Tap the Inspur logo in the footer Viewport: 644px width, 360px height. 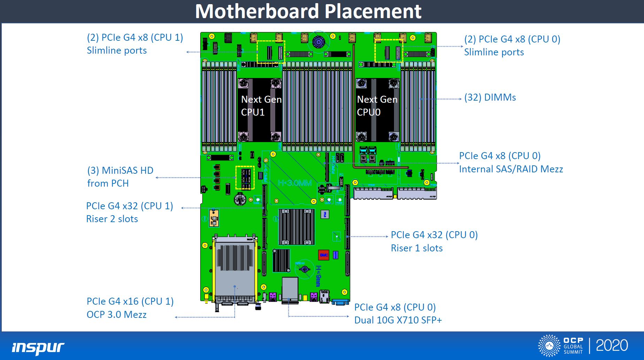tap(38, 347)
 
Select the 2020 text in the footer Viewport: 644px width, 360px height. tap(612, 345)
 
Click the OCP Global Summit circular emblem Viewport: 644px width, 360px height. tap(549, 345)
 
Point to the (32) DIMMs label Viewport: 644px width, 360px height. tap(490, 97)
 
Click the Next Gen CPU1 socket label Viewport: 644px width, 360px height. tap(261, 106)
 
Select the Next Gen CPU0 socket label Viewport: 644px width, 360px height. tap(377, 106)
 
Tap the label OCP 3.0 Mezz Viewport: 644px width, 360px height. tap(116, 315)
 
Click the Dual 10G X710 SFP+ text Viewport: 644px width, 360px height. tap(398, 320)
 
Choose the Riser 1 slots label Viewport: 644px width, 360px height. tap(417, 248)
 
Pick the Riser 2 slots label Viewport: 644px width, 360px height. tap(112, 219)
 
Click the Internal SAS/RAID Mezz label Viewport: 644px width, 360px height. tap(511, 169)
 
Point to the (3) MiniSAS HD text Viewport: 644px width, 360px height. tap(120, 171)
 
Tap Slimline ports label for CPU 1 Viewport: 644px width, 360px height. tap(117, 50)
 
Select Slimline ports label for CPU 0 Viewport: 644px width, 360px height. tap(494, 52)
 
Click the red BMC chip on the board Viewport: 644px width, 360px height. tap(324, 255)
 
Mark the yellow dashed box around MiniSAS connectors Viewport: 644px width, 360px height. tap(245, 178)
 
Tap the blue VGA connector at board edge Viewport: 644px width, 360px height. tap(341, 302)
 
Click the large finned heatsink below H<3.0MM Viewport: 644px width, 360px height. tap(296, 227)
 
